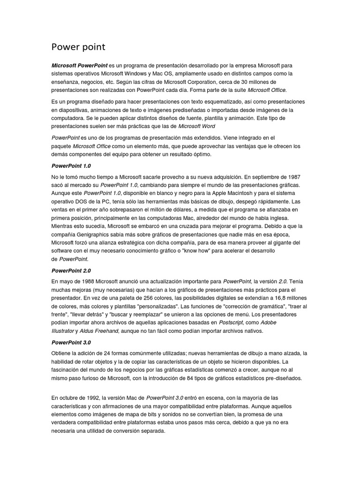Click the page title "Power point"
[78, 47]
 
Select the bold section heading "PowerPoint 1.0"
[71, 165]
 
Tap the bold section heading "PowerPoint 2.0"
[71, 270]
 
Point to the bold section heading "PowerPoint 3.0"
[71, 342]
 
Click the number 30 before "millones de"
[238, 82]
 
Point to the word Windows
[147, 74]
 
